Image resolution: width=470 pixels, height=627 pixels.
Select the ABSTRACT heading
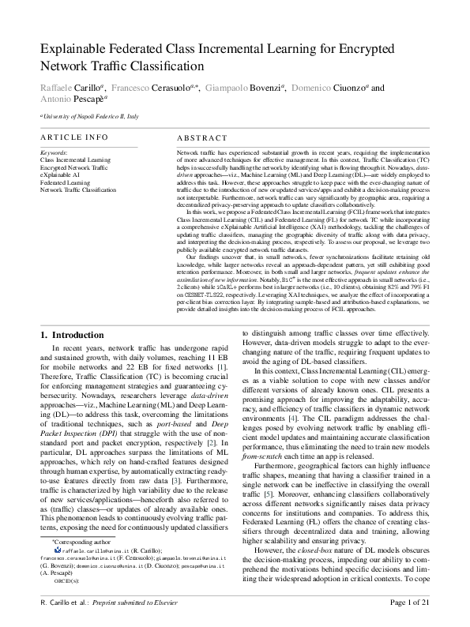click(200, 137)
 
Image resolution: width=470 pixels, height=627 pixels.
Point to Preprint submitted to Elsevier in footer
click(135, 603)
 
